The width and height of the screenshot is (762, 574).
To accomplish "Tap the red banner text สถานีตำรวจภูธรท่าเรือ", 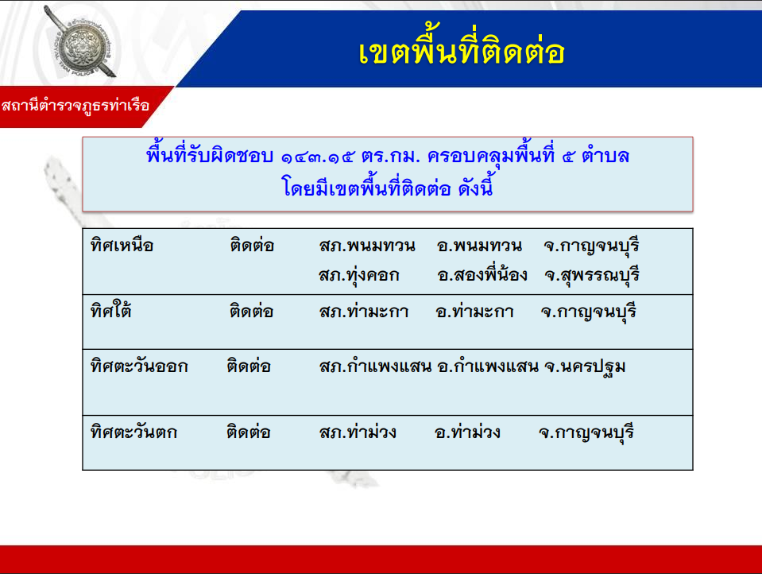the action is point(75,106).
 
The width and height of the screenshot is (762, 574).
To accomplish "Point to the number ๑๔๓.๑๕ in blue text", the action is point(318,157).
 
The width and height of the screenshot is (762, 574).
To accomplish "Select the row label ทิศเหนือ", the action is point(122,245).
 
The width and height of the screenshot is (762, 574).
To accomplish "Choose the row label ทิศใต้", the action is point(110,309).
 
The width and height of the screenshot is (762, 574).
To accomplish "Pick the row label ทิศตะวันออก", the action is point(139,366).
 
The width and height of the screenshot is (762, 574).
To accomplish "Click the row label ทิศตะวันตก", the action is point(133,432).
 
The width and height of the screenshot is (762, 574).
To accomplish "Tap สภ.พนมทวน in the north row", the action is point(367,246).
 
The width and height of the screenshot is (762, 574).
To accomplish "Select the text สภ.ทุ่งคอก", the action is point(359,275).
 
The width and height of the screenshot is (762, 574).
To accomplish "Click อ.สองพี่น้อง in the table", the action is point(482,274).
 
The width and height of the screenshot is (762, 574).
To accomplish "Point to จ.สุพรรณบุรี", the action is point(591,275).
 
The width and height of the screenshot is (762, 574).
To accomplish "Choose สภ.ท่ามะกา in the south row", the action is point(363,312).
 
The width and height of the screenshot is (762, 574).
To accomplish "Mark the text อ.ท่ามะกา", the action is point(474,312).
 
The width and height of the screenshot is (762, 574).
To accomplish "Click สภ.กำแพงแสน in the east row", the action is point(375,367).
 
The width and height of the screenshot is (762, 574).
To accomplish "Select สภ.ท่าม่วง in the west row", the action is point(358,432).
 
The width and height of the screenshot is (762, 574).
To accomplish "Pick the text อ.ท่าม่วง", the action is point(467,432).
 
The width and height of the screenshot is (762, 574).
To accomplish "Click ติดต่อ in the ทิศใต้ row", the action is point(251,311).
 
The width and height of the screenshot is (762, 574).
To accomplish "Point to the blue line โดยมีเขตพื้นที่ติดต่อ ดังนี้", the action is point(387,188).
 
